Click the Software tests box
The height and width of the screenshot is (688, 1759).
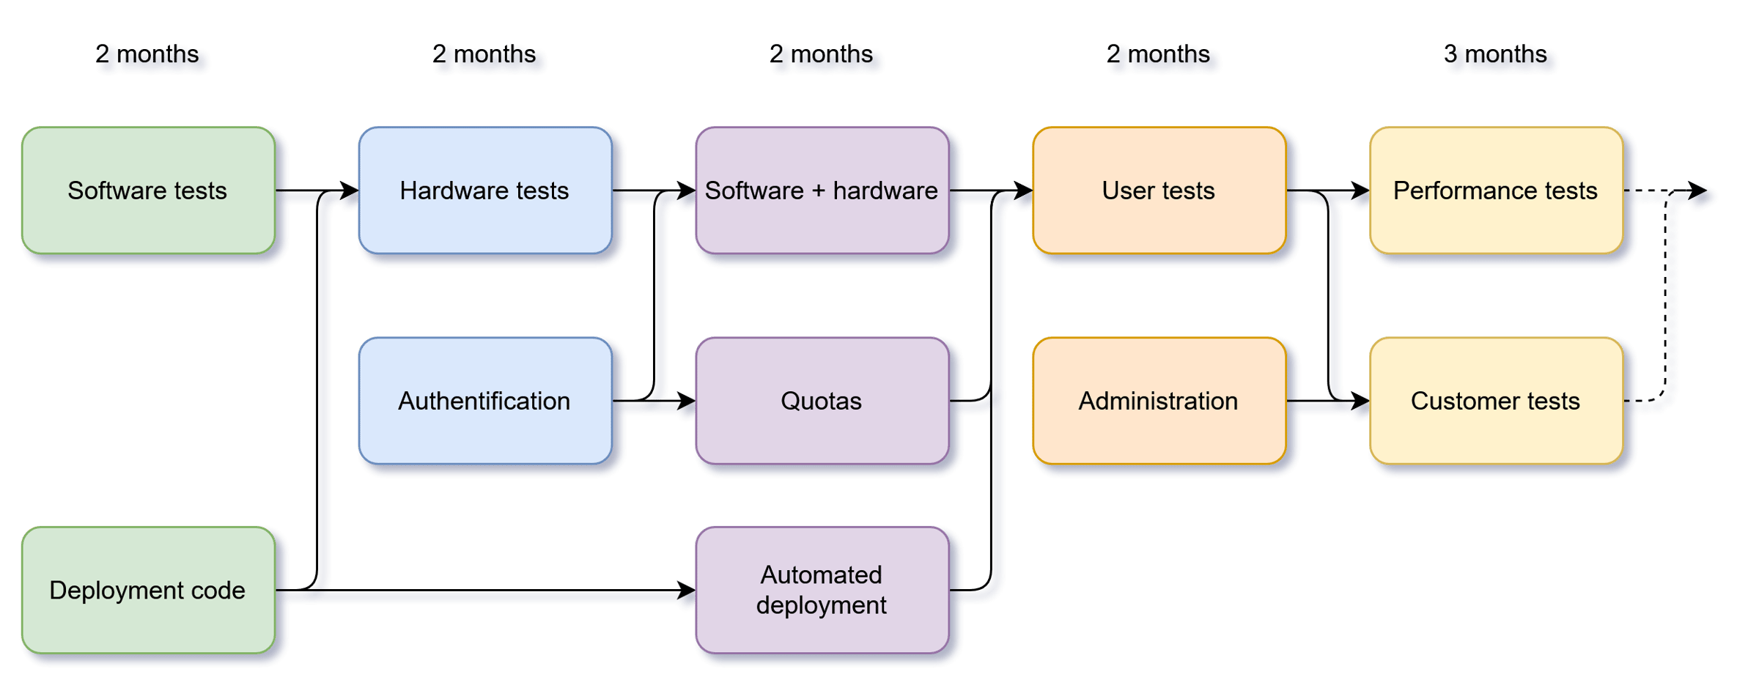coord(148,191)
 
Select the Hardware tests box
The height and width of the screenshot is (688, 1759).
coord(484,191)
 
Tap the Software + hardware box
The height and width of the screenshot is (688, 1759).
coord(822,191)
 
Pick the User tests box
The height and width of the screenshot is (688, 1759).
coord(1159,191)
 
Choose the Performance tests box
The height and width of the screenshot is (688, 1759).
coord(1495,191)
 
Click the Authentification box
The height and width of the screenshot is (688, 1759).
coord(484,401)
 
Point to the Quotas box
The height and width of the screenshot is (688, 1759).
coord(822,401)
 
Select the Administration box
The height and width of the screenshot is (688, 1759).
coord(1159,401)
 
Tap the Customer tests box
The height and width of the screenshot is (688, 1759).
coord(1495,401)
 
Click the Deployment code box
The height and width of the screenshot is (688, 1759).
coord(148,590)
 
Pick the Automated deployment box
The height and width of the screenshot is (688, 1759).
coord(822,590)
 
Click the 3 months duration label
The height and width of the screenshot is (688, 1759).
coord(1496,54)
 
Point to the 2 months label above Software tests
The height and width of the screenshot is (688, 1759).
coord(148,54)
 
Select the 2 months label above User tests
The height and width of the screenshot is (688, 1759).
coord(1159,54)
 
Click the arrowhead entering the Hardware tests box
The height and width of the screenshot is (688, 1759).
coord(350,191)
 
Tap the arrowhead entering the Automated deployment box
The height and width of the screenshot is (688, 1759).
coord(687,590)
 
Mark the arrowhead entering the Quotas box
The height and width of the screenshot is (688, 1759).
coord(687,401)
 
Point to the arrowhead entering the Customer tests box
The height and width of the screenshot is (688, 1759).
coord(1361,401)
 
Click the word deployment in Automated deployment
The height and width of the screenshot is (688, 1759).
coord(822,605)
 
